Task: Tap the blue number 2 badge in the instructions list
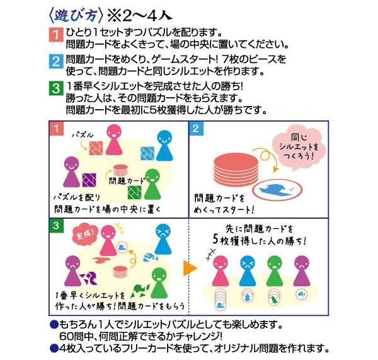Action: tap(57, 62)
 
